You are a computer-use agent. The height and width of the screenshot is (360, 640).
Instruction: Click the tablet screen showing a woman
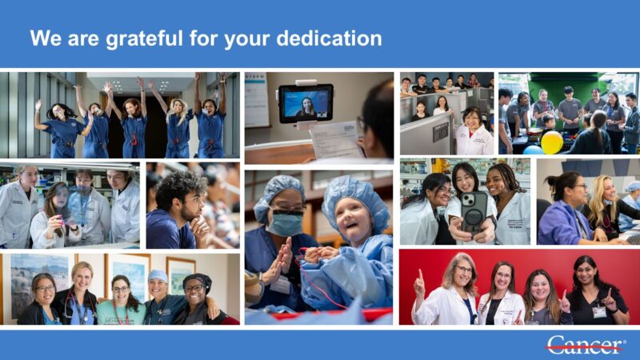tap(305, 103)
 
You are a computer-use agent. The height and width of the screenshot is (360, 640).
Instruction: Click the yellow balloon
tap(551, 142)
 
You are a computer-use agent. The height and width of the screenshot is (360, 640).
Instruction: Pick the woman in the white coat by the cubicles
tap(474, 132)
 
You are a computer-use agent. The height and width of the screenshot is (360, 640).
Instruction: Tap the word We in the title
tap(43, 38)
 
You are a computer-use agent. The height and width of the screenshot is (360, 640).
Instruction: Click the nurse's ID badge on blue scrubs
tap(281, 284)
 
